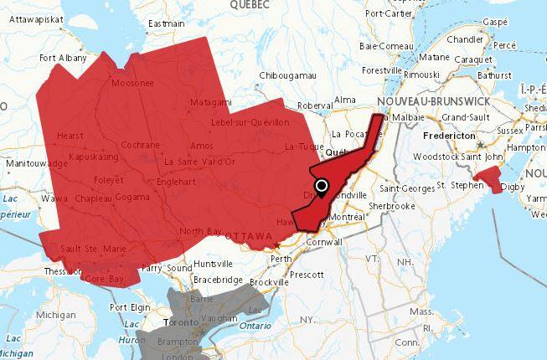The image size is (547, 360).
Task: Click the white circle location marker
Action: (x=322, y=185)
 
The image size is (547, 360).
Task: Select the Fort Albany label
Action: (x=62, y=58)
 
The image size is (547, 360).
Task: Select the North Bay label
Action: (x=199, y=231)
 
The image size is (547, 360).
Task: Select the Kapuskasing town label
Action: (x=95, y=157)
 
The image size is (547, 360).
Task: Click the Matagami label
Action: (x=210, y=102)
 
